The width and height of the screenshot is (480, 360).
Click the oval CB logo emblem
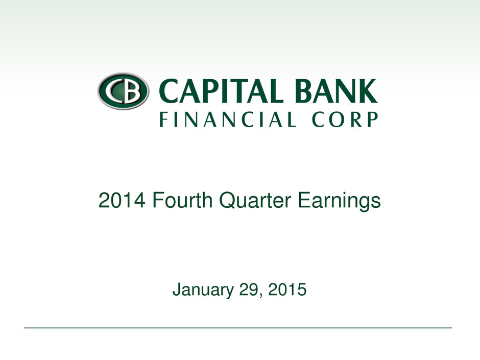pyautogui.click(x=124, y=91)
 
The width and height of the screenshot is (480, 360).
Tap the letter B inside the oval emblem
pyautogui.click(x=132, y=91)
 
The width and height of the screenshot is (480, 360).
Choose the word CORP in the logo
pyautogui.click(x=345, y=119)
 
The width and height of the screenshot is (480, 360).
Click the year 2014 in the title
pyautogui.click(x=122, y=201)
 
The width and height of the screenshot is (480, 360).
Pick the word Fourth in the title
pyautogui.click(x=182, y=200)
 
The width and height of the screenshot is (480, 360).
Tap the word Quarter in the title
pyautogui.click(x=255, y=201)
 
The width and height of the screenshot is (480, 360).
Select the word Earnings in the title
pyautogui.click(x=339, y=202)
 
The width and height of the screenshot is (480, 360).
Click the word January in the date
pyautogui.click(x=203, y=290)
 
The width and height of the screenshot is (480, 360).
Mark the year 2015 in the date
pyautogui.click(x=287, y=290)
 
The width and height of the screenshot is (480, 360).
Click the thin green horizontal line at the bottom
pyautogui.click(x=238, y=328)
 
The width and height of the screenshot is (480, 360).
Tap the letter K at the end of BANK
pyautogui.click(x=368, y=91)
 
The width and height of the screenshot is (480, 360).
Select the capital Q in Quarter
pyautogui.click(x=228, y=201)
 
